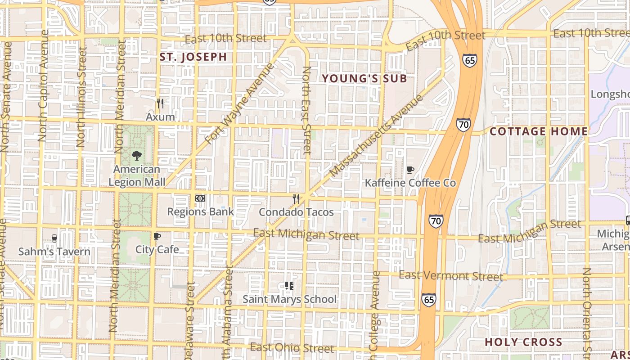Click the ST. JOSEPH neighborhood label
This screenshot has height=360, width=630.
coord(193,57)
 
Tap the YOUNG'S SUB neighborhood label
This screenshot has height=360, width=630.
coord(364,79)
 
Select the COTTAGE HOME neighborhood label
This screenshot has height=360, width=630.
coord(539,131)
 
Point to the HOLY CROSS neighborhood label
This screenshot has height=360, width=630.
coord(523,342)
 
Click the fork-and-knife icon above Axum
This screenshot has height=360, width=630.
coord(160,103)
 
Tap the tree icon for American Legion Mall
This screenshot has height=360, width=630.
coord(137,156)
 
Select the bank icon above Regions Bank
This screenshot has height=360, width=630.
coord(200,198)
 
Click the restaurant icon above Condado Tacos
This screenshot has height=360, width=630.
coord(296,198)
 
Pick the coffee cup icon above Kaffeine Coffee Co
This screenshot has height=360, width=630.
coord(410,170)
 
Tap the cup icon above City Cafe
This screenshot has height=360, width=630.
coord(157,236)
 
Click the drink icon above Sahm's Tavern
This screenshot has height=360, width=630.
coord(54,238)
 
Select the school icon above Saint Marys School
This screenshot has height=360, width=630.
coord(289,286)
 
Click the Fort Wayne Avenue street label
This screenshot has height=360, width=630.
coord(239,103)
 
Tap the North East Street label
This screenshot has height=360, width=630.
coord(307,111)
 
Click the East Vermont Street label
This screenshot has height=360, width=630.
coord(450,275)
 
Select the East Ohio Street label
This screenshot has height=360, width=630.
coord(292,348)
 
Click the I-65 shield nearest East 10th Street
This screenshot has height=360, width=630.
coord(469,60)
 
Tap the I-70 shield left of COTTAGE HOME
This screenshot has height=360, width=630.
coord(463,124)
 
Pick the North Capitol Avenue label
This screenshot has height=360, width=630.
coord(44,85)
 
